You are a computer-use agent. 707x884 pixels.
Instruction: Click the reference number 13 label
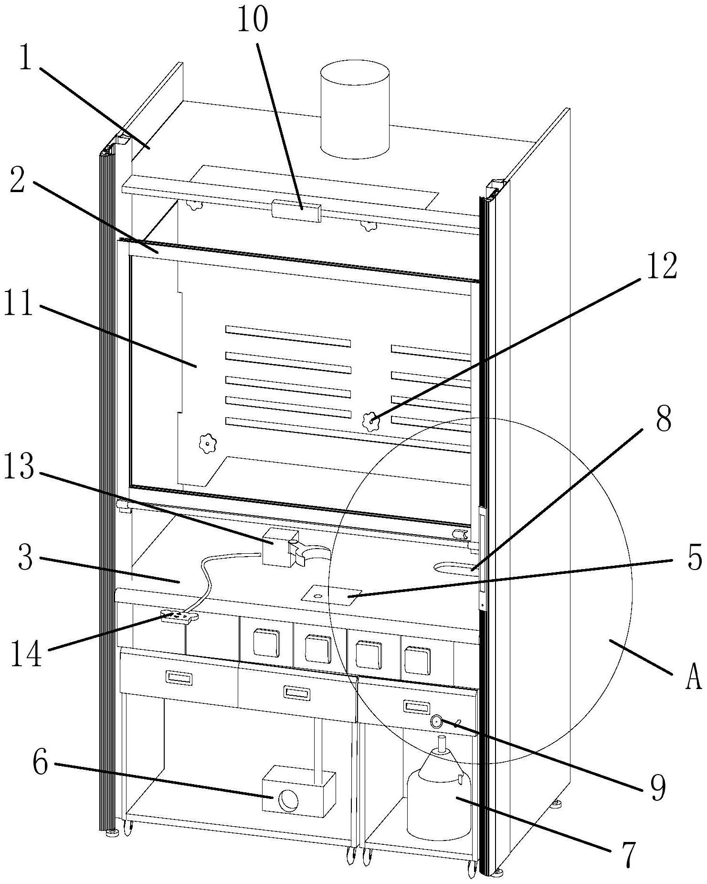(19, 467)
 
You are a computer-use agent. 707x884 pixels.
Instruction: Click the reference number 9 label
(657, 787)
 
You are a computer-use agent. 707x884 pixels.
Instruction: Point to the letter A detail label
(693, 677)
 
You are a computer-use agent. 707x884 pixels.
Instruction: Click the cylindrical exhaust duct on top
(355, 109)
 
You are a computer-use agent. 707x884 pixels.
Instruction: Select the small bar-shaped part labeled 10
(296, 210)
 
